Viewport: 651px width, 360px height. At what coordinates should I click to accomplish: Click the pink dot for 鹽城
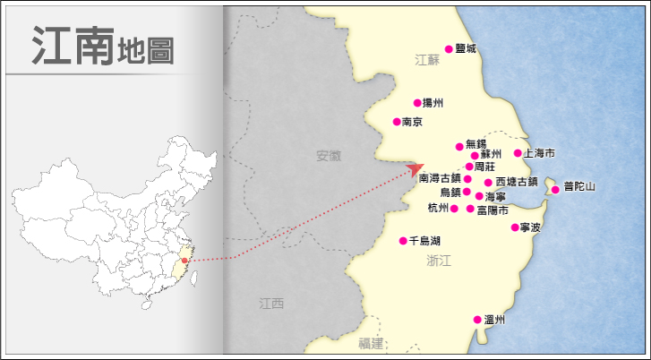pyautogui.click(x=450, y=49)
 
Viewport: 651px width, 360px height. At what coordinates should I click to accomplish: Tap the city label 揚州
pyautogui.click(x=433, y=103)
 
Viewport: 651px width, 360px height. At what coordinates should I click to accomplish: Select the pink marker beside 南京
pyautogui.click(x=397, y=122)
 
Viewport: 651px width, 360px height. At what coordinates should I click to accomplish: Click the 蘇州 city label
pyautogui.click(x=492, y=156)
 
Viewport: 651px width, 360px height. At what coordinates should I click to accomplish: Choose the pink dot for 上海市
pyautogui.click(x=518, y=153)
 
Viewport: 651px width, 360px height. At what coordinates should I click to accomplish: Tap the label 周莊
pyautogui.click(x=484, y=167)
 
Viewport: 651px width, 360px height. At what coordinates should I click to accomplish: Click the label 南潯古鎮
pyautogui.click(x=439, y=179)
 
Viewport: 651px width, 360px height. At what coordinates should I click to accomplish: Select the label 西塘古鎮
pyautogui.click(x=517, y=182)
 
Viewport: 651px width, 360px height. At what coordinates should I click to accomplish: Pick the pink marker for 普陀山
pyautogui.click(x=555, y=189)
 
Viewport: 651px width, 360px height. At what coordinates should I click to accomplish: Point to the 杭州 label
pyautogui.click(x=438, y=209)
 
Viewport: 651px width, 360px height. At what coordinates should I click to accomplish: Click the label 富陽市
pyautogui.click(x=493, y=210)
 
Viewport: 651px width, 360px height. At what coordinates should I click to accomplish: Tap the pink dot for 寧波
pyautogui.click(x=515, y=227)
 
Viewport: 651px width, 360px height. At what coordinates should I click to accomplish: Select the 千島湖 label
pyautogui.click(x=424, y=241)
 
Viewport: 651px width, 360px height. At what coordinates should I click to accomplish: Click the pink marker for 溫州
pyautogui.click(x=477, y=320)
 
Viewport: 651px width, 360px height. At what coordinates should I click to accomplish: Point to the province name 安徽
pyautogui.click(x=329, y=156)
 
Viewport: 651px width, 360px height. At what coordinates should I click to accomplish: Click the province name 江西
pyautogui.click(x=270, y=304)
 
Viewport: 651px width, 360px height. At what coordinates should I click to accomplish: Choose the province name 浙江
pyautogui.click(x=440, y=261)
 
